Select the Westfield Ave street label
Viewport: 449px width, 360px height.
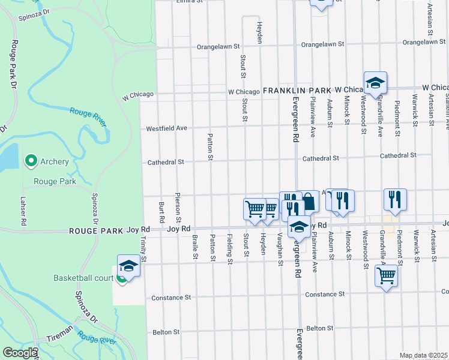click(x=167, y=128)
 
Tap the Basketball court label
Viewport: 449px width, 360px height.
click(x=83, y=278)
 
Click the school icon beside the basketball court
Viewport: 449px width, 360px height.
click(x=128, y=265)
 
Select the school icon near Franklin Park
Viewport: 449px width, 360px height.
click(x=375, y=83)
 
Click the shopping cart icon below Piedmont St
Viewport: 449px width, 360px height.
click(x=386, y=276)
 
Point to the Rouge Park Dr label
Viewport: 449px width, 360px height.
click(x=13, y=64)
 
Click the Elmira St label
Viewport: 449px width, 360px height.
click(x=191, y=1)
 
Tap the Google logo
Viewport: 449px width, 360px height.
click(x=19, y=353)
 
